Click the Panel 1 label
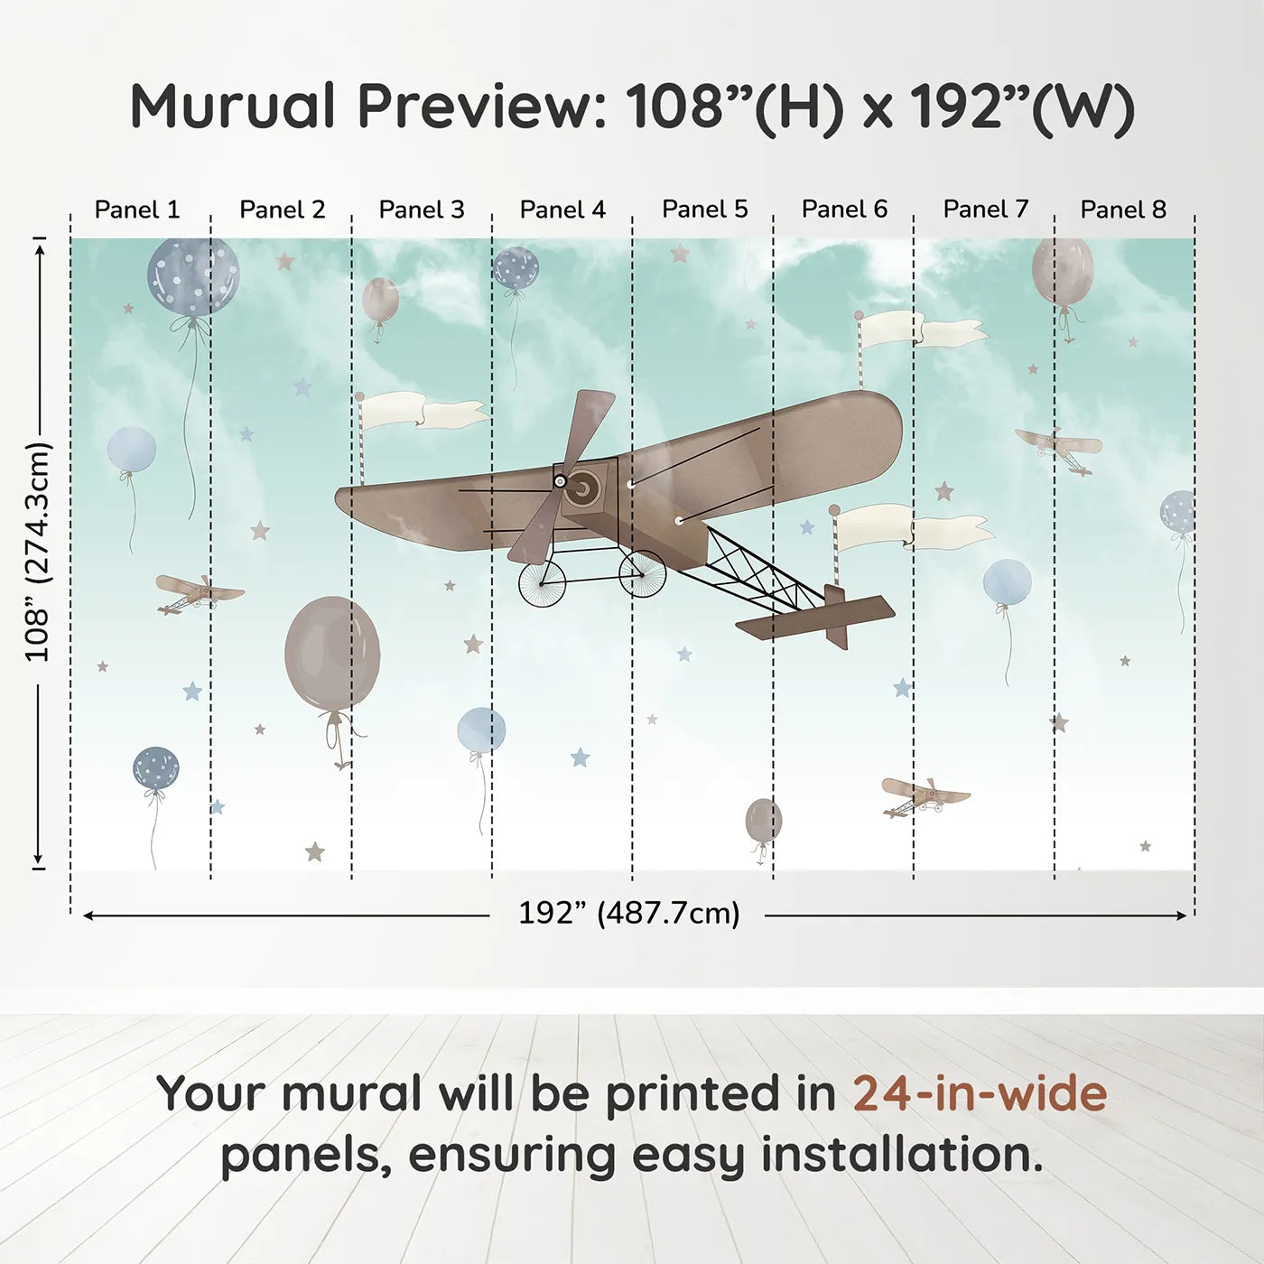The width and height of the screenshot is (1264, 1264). (137, 209)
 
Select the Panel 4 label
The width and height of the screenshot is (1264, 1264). (562, 209)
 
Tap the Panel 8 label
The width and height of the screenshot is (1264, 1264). (1123, 209)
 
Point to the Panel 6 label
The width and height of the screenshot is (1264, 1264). (844, 209)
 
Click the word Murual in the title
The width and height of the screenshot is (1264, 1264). (233, 107)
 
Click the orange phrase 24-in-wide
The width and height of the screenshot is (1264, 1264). (980, 1093)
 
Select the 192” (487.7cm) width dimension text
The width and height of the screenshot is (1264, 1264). (629, 913)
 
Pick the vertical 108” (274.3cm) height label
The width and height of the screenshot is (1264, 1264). (37, 552)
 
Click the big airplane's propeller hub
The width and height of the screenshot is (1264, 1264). (560, 481)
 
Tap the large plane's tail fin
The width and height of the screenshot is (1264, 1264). (836, 616)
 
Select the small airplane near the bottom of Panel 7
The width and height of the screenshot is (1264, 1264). (925, 796)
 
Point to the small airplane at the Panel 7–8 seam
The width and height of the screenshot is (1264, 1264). (1057, 450)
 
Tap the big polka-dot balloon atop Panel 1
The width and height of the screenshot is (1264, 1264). (193, 276)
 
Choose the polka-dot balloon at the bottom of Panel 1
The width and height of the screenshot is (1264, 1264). (155, 767)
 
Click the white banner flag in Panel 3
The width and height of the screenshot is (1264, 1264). (424, 412)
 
